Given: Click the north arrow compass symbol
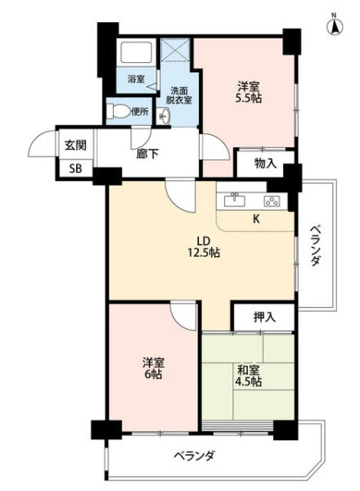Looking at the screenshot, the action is pos(335,25).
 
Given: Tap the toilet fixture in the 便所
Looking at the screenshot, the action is pos(118,110).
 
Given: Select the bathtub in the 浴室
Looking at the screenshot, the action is pos(137,52).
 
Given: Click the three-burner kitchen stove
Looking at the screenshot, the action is pos(272,200).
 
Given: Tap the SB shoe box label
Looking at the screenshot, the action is pos(75,169).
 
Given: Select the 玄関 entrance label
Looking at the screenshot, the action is pos(75,146).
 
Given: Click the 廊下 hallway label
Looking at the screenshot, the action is pos(147,154).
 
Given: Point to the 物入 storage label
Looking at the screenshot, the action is pos(265,163).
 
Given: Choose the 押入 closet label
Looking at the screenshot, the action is pos(264,318).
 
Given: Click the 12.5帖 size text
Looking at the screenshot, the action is pos(204,252).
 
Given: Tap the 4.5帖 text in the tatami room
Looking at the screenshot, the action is pos(249,381).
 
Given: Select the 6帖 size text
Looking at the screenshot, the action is pos(153,374).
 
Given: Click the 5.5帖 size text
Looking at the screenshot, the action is pos(249,98).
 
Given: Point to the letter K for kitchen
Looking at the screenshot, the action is pos(256,219).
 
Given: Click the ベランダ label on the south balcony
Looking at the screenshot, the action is pos(195,455).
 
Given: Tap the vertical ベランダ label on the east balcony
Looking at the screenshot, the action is pos(316,245).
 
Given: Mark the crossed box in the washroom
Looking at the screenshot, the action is pos(175,49).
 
